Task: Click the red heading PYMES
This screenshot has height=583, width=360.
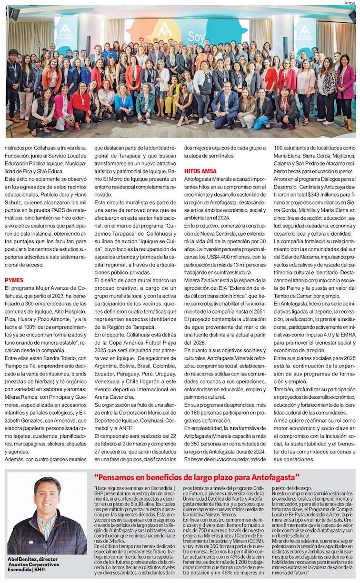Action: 14,280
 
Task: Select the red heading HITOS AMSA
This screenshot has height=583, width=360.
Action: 200,171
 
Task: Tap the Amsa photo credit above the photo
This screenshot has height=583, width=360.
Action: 350,3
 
